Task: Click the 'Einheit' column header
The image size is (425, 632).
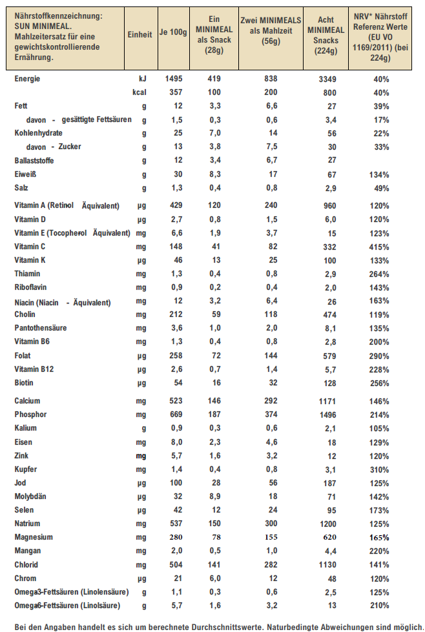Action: pyautogui.click(x=140, y=34)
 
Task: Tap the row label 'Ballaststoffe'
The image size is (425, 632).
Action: pyautogui.click(x=34, y=160)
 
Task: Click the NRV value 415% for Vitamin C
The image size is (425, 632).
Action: pyautogui.click(x=380, y=247)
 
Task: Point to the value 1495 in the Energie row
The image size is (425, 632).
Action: pyautogui.click(x=175, y=79)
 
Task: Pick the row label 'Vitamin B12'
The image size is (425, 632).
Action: pyautogui.click(x=34, y=369)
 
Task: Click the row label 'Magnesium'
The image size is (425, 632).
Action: pyautogui.click(x=34, y=537)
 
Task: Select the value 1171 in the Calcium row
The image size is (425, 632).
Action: pyautogui.click(x=328, y=401)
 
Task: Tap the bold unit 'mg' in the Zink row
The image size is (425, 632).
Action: pyautogui.click(x=141, y=456)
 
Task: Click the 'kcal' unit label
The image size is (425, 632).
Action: pyautogui.click(x=139, y=92)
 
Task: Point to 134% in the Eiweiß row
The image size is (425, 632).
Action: pyautogui.click(x=380, y=175)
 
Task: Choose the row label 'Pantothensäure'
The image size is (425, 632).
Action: pyautogui.click(x=40, y=328)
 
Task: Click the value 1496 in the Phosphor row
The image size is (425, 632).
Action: pyautogui.click(x=328, y=414)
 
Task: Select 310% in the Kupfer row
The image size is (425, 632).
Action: pyautogui.click(x=380, y=469)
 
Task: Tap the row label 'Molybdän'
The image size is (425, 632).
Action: pyautogui.click(x=31, y=496)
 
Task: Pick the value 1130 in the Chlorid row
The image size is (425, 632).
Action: pyautogui.click(x=328, y=564)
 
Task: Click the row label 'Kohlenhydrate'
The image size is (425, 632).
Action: pyautogui.click(x=39, y=133)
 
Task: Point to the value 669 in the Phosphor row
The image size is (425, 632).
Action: pyautogui.click(x=175, y=414)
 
